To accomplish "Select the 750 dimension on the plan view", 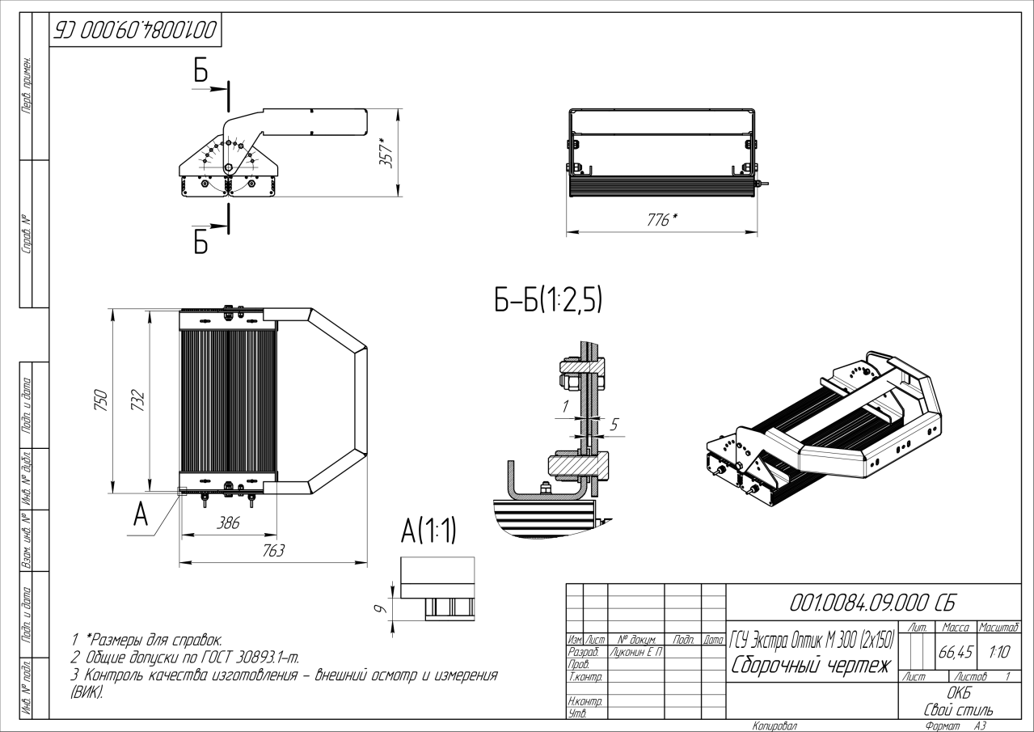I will coord(102,400).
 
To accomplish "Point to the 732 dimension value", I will coord(138,400).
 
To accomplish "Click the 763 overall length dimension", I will coord(273,550).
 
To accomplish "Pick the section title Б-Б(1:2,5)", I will coord(548,301).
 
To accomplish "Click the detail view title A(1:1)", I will coord(428,531).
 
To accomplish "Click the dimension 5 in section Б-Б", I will coord(614,423).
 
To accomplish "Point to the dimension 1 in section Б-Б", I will coord(567,404).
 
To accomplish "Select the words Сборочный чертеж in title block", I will coord(810,666).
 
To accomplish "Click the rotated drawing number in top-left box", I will coord(134,32).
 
